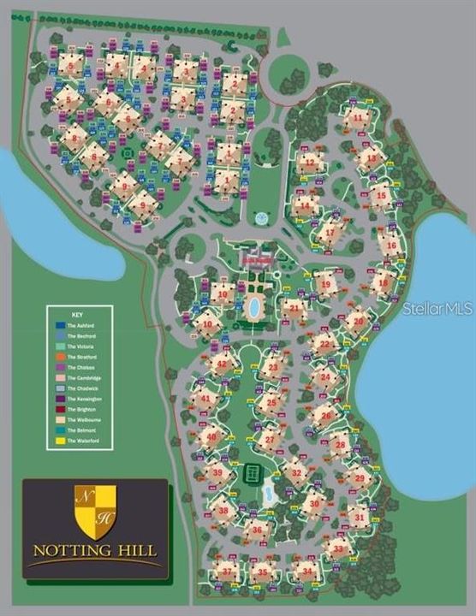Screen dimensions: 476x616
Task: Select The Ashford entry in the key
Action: [x=79, y=326]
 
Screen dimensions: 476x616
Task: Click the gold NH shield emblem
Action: [x=94, y=512]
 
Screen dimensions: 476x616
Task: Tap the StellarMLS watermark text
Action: [x=437, y=308]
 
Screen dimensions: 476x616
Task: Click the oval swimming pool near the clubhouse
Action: [x=253, y=306]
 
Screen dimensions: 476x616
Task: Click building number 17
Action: [x=330, y=232]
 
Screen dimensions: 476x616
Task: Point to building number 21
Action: [x=294, y=306]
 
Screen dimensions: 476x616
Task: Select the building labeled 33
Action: [x=340, y=548]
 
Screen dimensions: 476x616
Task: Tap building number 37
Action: [x=226, y=570]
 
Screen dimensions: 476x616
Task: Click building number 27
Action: [x=271, y=439]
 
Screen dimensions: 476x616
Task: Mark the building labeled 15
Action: [x=381, y=195]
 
